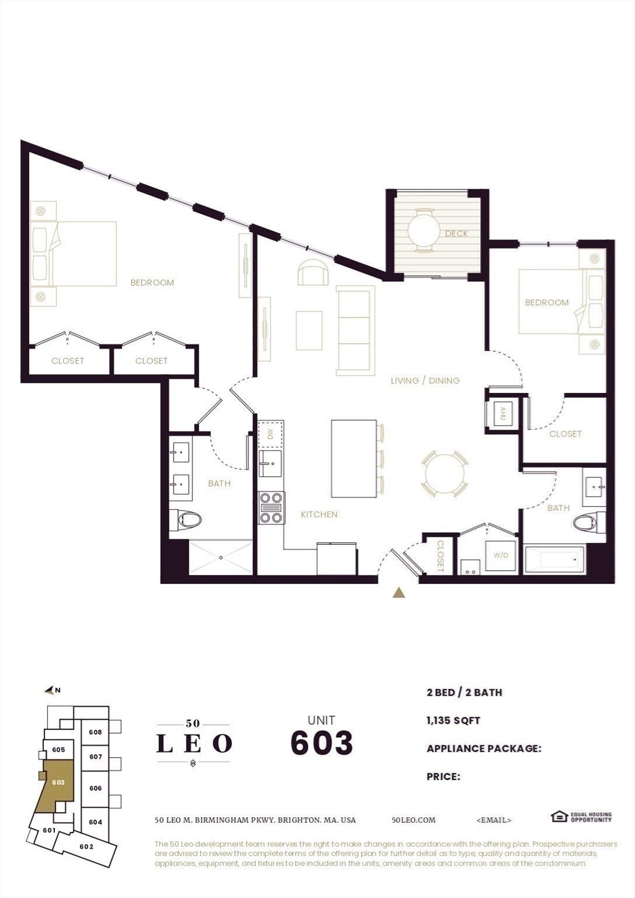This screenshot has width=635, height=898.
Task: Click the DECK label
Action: [x=456, y=233]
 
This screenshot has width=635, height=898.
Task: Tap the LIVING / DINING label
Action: [x=425, y=381]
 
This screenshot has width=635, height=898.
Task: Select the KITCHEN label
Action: [x=319, y=514]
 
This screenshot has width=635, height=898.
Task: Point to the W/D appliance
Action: [x=501, y=555]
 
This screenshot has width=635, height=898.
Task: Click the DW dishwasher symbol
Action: [x=270, y=434]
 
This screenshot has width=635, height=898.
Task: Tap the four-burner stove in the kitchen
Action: [x=271, y=508]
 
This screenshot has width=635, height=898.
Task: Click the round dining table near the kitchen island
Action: [x=444, y=473]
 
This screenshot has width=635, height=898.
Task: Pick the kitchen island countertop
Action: [x=353, y=458]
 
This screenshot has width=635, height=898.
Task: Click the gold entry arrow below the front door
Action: [x=399, y=593]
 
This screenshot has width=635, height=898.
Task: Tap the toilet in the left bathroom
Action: [x=186, y=519]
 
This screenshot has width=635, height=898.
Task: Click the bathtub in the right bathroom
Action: [x=555, y=559]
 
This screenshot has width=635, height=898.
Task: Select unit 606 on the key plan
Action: [x=95, y=788]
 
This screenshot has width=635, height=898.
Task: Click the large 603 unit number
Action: [x=321, y=743]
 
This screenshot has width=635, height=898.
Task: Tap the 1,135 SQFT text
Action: [x=453, y=720]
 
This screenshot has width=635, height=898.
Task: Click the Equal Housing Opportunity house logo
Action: [x=559, y=816]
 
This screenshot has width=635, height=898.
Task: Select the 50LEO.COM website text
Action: [x=413, y=820]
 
